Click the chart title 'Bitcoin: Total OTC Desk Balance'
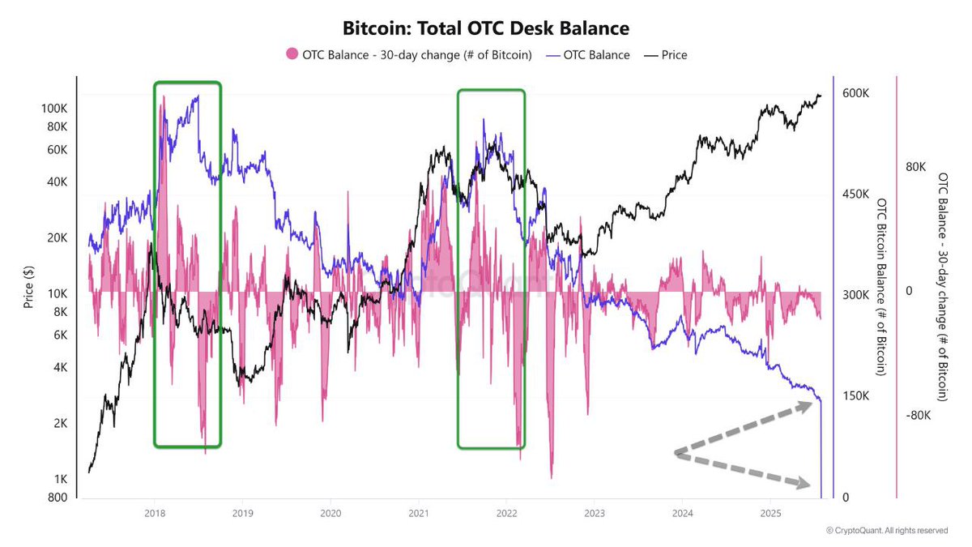pyautogui.click(x=486, y=28)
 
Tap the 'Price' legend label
pyautogui.click(x=674, y=54)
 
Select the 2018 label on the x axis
pyautogui.click(x=154, y=513)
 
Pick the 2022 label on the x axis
pyautogui.click(x=506, y=513)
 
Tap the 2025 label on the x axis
pyautogui.click(x=770, y=513)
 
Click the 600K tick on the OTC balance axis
pyautogui.click(x=856, y=93)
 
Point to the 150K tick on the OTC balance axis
pyautogui.click(x=856, y=396)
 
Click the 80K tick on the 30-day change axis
pyautogui.click(x=915, y=167)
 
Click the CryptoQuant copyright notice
pyautogui.click(x=886, y=531)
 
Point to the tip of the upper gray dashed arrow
pyautogui.click(x=812, y=402)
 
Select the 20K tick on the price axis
pyautogui.click(x=57, y=237)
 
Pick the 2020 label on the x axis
pyautogui.click(x=330, y=513)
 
